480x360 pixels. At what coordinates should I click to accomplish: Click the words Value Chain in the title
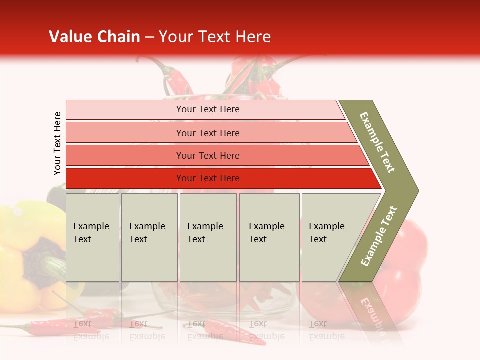(94, 37)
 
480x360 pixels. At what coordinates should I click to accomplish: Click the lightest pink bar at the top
(125, 110)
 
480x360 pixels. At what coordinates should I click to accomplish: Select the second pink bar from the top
(125, 133)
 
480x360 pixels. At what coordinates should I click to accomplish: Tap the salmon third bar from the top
(125, 156)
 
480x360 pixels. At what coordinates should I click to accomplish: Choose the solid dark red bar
(125, 178)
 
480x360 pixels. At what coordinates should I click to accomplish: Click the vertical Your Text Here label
(57, 144)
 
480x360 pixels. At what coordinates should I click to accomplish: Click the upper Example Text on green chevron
(377, 142)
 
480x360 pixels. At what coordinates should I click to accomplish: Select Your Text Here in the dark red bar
(208, 178)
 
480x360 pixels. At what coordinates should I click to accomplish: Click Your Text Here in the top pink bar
(208, 109)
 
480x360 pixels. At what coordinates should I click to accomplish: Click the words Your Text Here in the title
(215, 37)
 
